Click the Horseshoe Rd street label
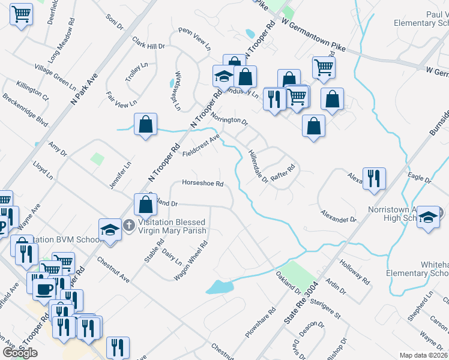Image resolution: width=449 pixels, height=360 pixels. (203, 184)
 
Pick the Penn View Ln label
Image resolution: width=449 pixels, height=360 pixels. (194, 38)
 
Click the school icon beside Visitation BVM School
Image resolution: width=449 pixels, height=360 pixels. (110, 229)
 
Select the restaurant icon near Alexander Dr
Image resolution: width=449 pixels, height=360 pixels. (374, 178)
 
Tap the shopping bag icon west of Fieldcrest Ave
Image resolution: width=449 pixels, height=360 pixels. (145, 124)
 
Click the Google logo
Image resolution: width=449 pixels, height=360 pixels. (20, 353)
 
